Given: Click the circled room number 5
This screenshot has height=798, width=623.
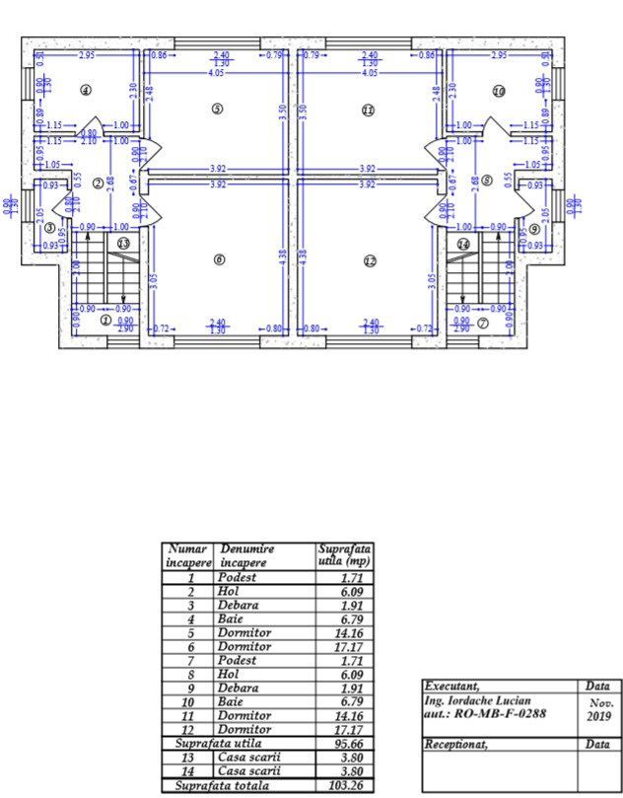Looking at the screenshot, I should [x=217, y=109].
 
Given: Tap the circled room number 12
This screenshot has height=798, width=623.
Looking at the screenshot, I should [x=370, y=260].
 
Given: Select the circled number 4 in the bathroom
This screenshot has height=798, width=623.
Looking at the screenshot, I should [x=86, y=91].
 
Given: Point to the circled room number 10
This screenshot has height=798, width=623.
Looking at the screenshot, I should [x=499, y=91].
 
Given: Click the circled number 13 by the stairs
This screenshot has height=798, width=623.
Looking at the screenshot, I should [x=123, y=243].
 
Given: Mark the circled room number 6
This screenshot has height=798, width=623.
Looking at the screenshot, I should [x=219, y=260].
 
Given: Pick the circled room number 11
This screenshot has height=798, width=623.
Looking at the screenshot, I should [x=368, y=109].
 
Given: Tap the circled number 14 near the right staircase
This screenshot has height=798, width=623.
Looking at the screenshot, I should [x=463, y=243].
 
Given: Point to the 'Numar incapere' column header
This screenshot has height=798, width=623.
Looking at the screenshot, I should [x=187, y=555].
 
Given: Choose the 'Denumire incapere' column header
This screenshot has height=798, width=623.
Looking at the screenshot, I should [x=247, y=555].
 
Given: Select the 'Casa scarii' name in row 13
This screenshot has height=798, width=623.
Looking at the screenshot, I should [x=250, y=756].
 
